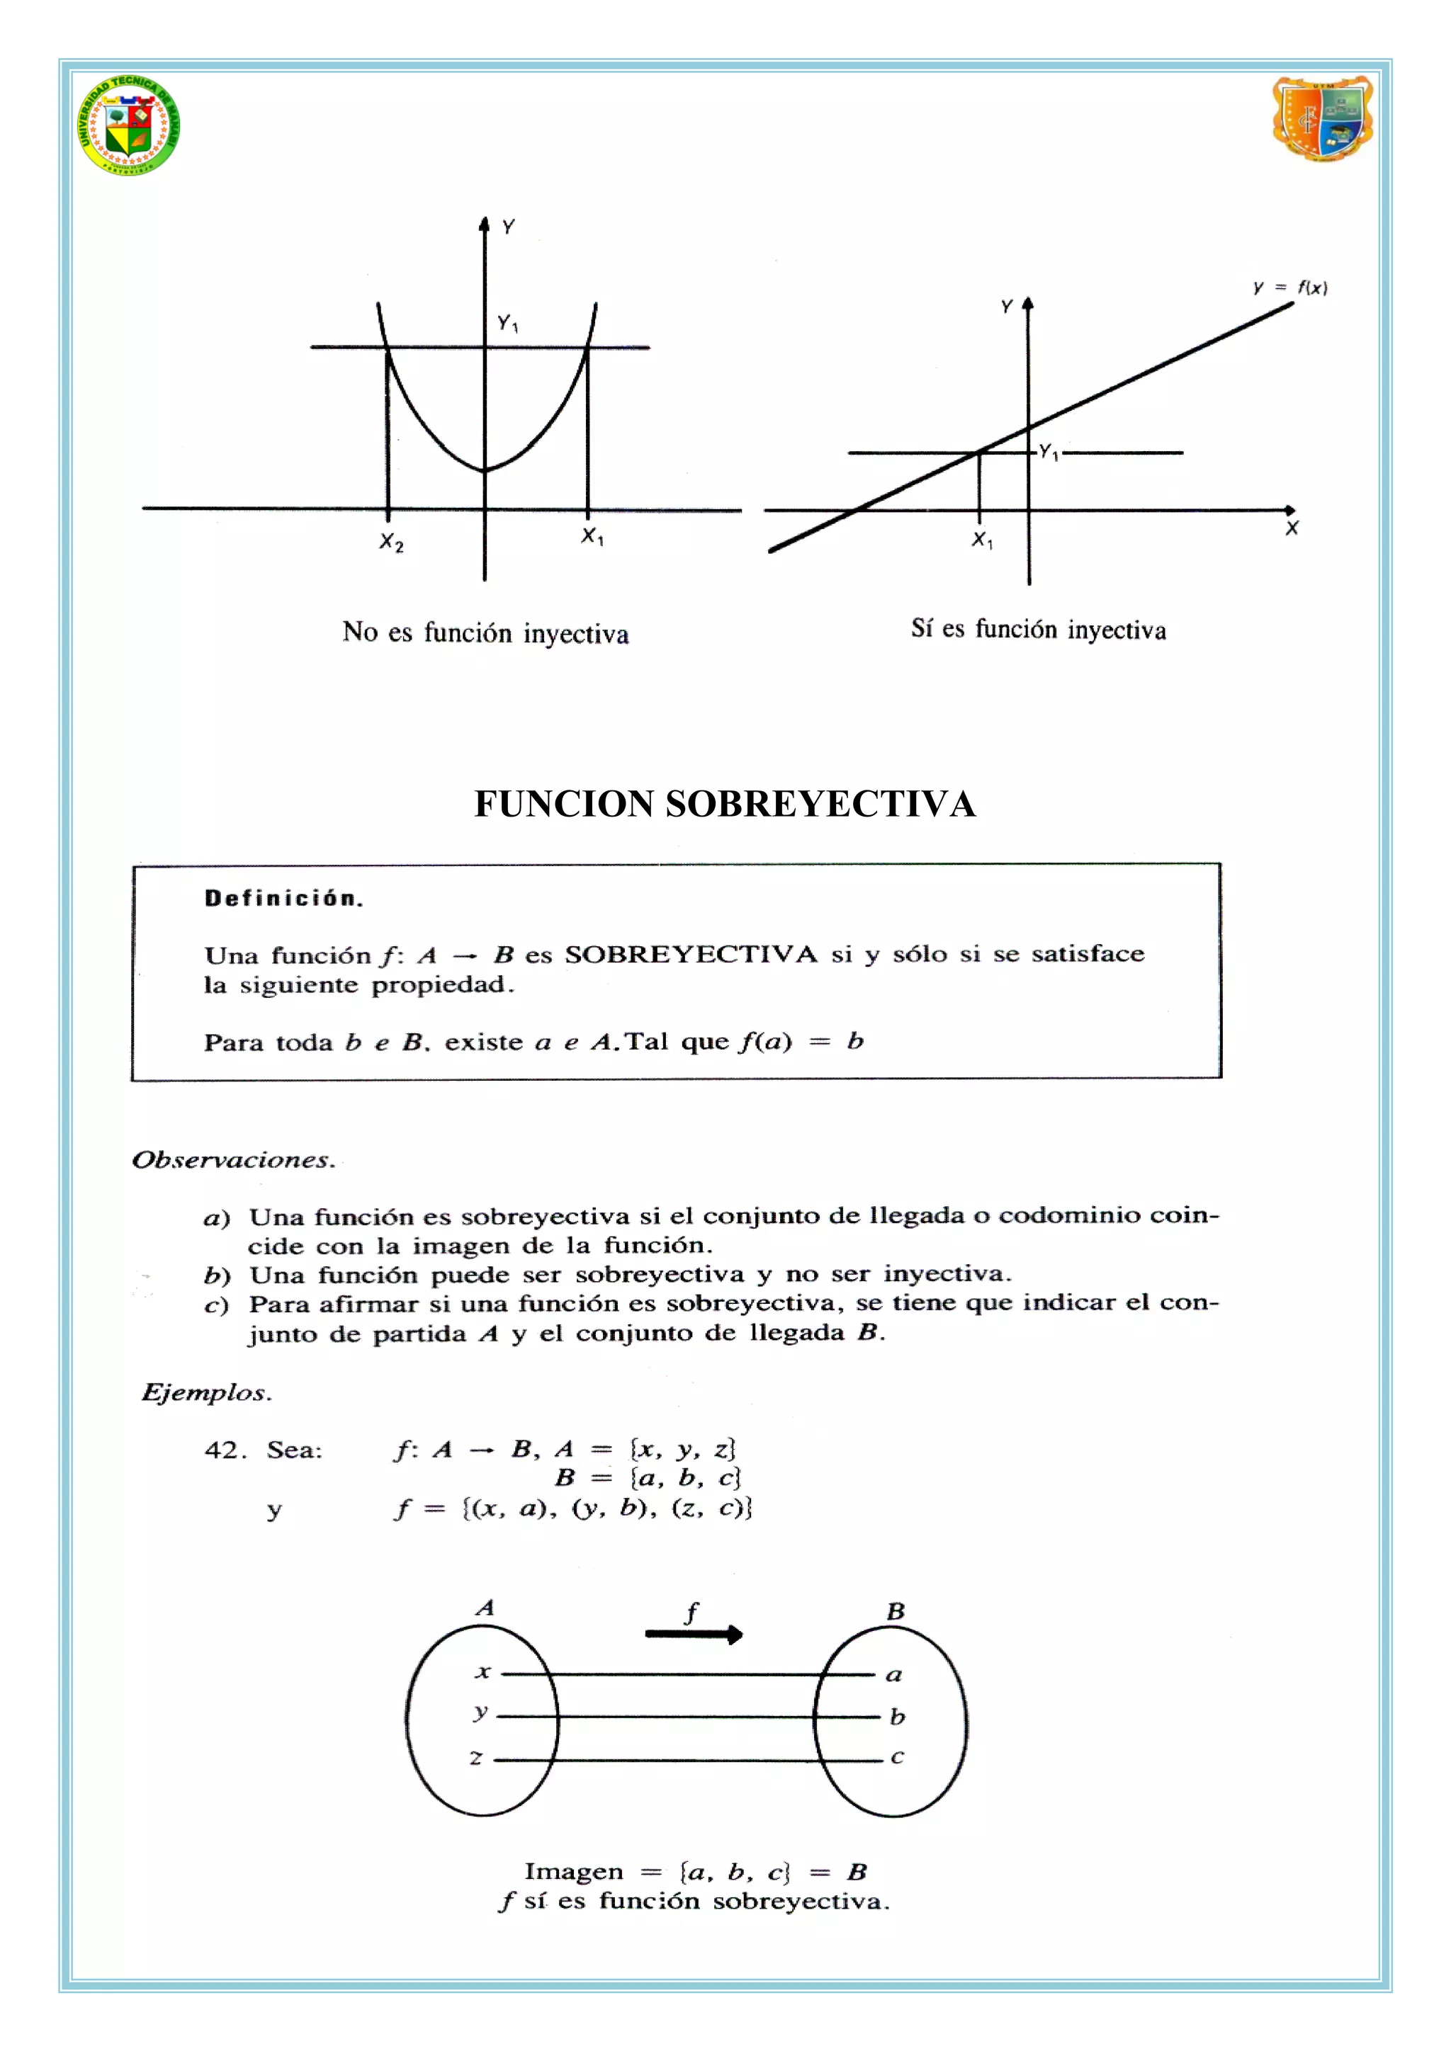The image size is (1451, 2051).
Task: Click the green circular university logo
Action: tap(130, 124)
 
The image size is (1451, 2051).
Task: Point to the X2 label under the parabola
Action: tap(391, 542)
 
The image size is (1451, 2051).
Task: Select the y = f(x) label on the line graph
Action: tap(1290, 288)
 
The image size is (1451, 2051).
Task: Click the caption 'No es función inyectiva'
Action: tap(485, 632)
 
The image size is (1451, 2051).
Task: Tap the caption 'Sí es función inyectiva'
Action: tap(1038, 629)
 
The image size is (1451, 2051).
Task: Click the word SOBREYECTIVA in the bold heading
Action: tap(820, 804)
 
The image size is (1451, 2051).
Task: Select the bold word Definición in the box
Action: tap(283, 899)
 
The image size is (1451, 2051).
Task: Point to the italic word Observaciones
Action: tap(233, 1159)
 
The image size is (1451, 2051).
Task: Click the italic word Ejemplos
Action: tap(206, 1392)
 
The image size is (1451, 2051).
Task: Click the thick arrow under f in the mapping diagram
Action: tap(694, 1635)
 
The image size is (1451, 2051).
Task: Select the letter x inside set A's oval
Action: tap(483, 1671)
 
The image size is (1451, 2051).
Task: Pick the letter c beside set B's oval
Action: tap(897, 1756)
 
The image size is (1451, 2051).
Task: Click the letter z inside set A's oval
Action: tap(476, 1758)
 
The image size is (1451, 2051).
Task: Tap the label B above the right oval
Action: tap(896, 1611)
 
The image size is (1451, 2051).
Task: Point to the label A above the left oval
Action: tap(485, 1608)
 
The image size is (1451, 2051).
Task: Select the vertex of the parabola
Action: tap(485, 469)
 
